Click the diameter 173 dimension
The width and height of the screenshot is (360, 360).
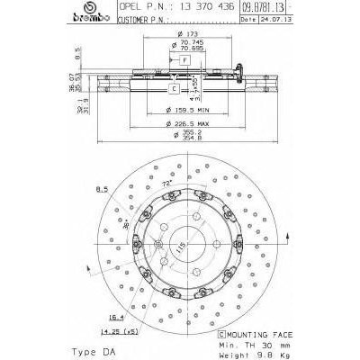[x=188, y=33]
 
